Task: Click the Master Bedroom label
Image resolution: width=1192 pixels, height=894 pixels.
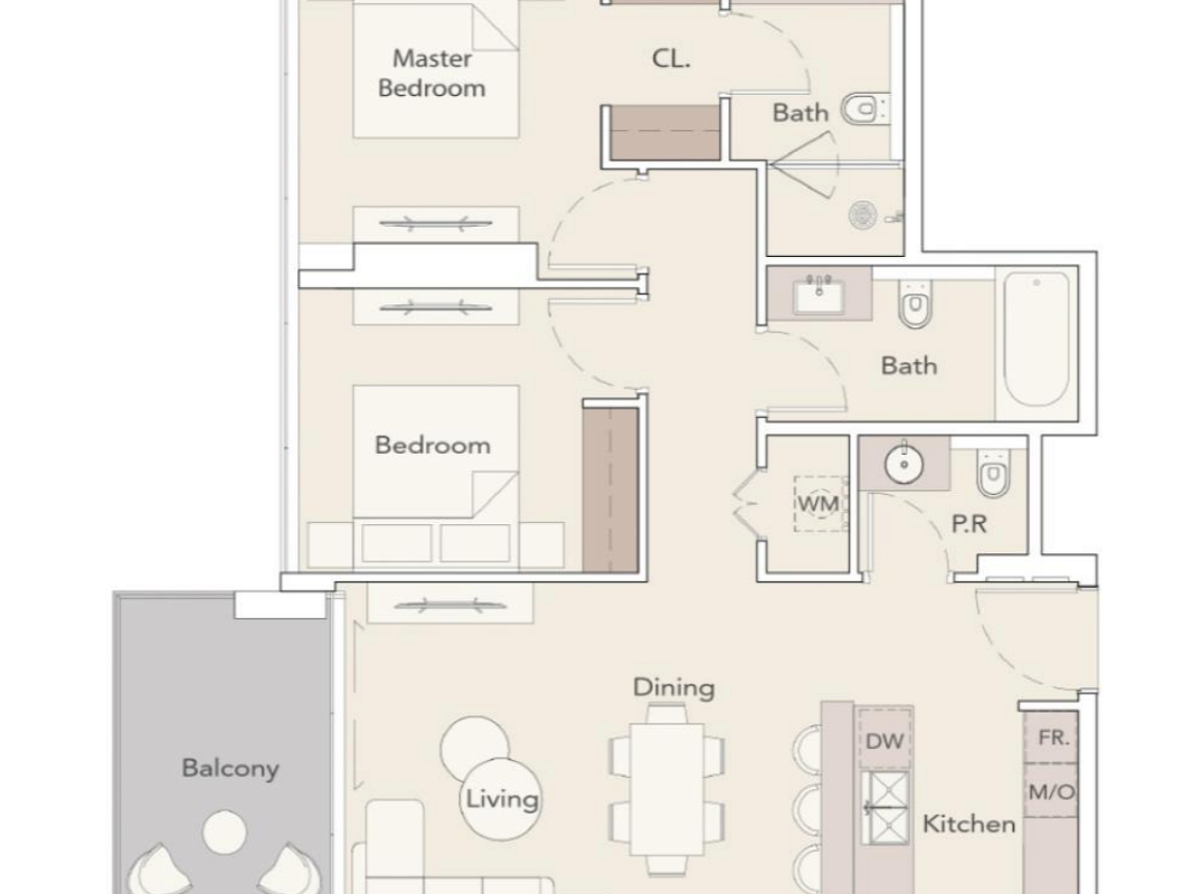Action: click(x=432, y=73)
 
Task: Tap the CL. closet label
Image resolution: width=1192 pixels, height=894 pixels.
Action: click(x=671, y=58)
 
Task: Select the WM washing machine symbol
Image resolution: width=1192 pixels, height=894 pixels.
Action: click(x=819, y=504)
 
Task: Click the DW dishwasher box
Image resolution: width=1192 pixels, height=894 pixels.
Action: click(x=885, y=740)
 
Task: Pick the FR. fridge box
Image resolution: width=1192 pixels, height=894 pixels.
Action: click(x=1051, y=737)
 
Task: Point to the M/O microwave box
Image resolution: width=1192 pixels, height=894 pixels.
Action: click(x=1051, y=791)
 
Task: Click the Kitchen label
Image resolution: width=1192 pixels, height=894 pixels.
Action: click(x=969, y=824)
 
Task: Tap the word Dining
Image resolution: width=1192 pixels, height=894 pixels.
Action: click(x=674, y=688)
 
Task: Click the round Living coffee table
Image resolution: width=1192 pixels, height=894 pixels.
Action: click(x=500, y=799)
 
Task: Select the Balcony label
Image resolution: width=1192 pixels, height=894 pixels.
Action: click(x=231, y=768)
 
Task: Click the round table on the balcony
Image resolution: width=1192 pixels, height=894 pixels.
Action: click(x=224, y=832)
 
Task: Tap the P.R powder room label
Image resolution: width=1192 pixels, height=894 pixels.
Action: click(x=970, y=524)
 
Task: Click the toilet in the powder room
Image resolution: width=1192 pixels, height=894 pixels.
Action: click(x=993, y=472)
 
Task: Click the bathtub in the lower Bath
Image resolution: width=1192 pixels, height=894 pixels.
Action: click(x=1036, y=340)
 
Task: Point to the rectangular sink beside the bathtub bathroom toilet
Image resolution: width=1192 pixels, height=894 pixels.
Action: click(x=819, y=297)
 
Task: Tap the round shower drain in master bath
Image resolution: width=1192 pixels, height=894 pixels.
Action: click(x=863, y=215)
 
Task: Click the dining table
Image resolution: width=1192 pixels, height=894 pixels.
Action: click(x=667, y=789)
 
